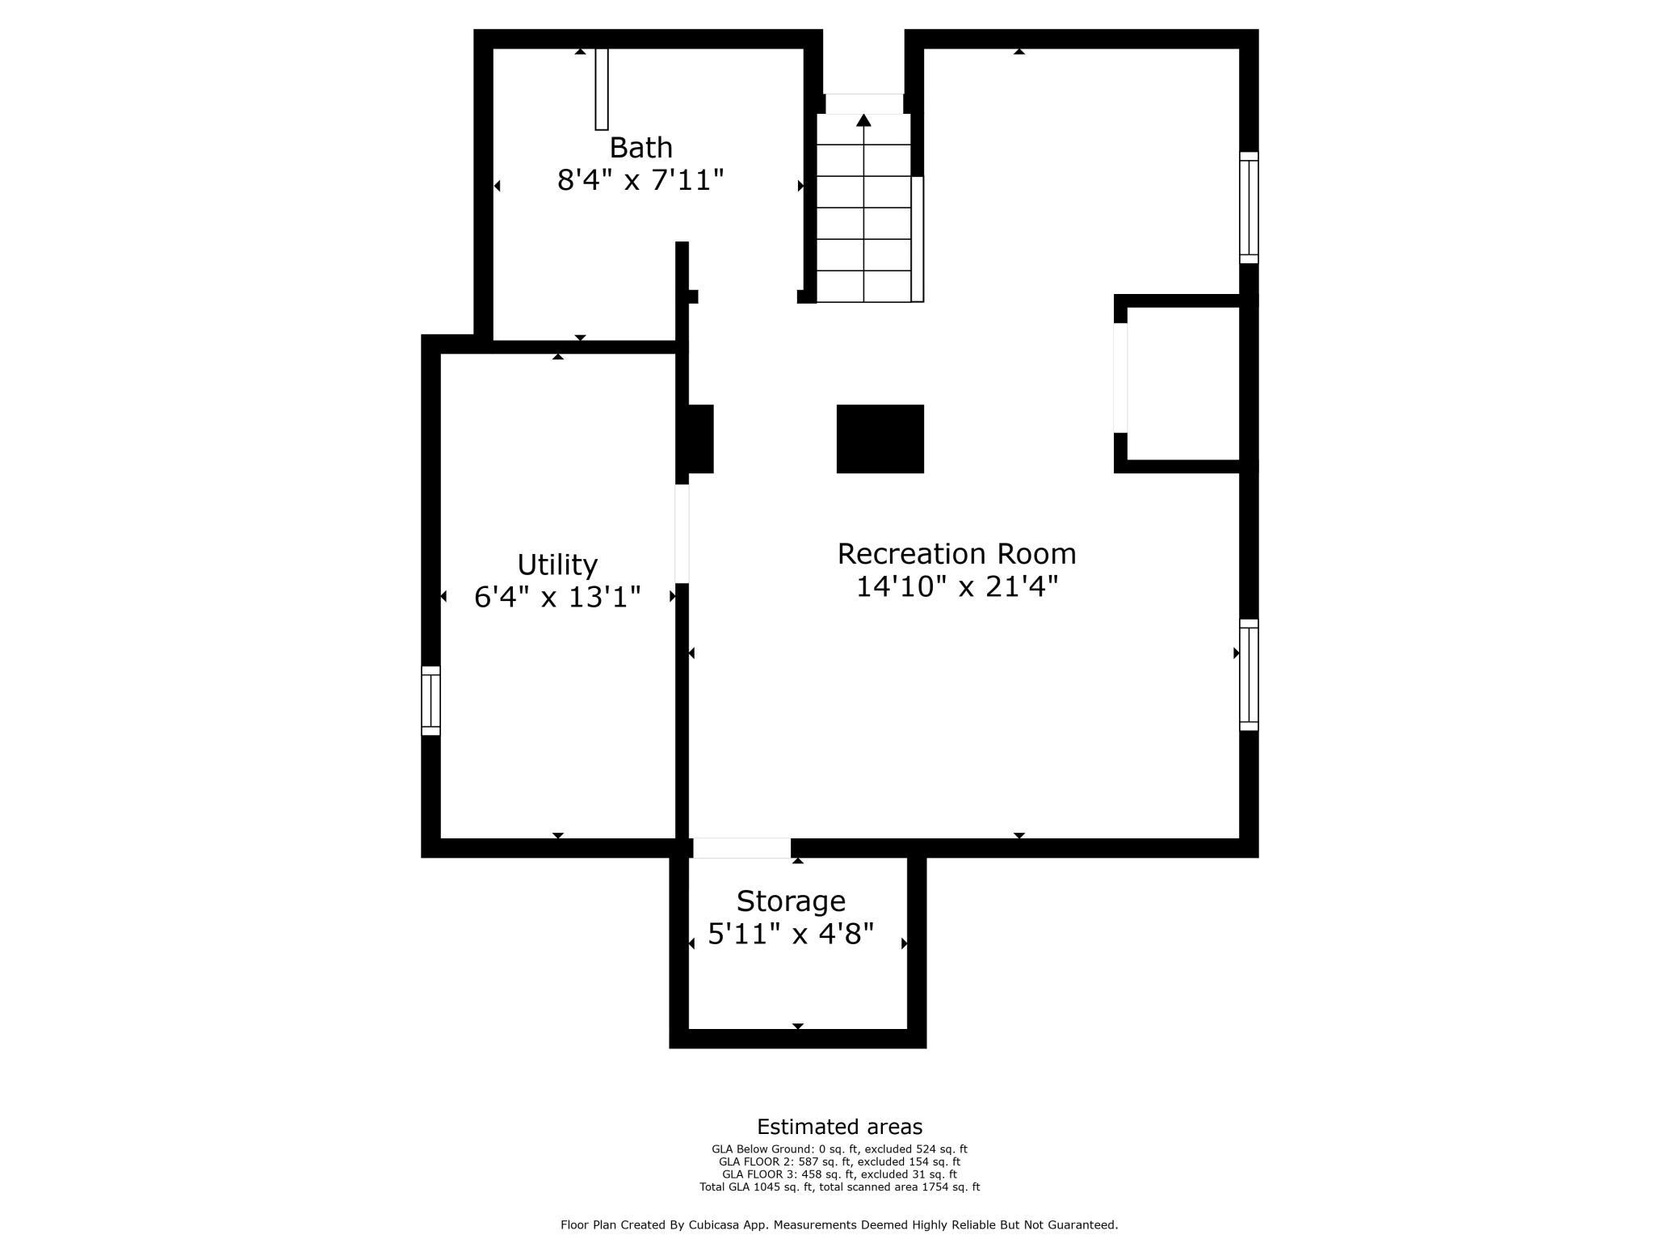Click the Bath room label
tap(640, 148)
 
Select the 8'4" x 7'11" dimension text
tap(640, 180)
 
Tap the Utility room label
tap(557, 565)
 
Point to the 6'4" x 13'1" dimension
tap(557, 597)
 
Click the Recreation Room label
tap(957, 554)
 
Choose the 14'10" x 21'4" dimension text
tap(957, 586)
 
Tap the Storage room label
tap(791, 901)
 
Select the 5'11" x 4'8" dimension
tap(791, 934)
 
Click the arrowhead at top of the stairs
tap(863, 120)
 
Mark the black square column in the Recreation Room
tap(880, 439)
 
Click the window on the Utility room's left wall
tap(430, 700)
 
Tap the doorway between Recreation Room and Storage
tap(741, 848)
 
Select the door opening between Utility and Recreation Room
tap(682, 534)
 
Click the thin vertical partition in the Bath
tap(601, 89)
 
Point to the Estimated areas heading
tap(839, 1127)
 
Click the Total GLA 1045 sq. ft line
tap(839, 1187)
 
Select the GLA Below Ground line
tap(839, 1149)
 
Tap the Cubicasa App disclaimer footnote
tap(839, 1225)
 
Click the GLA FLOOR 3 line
tap(839, 1174)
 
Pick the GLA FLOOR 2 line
tap(839, 1162)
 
